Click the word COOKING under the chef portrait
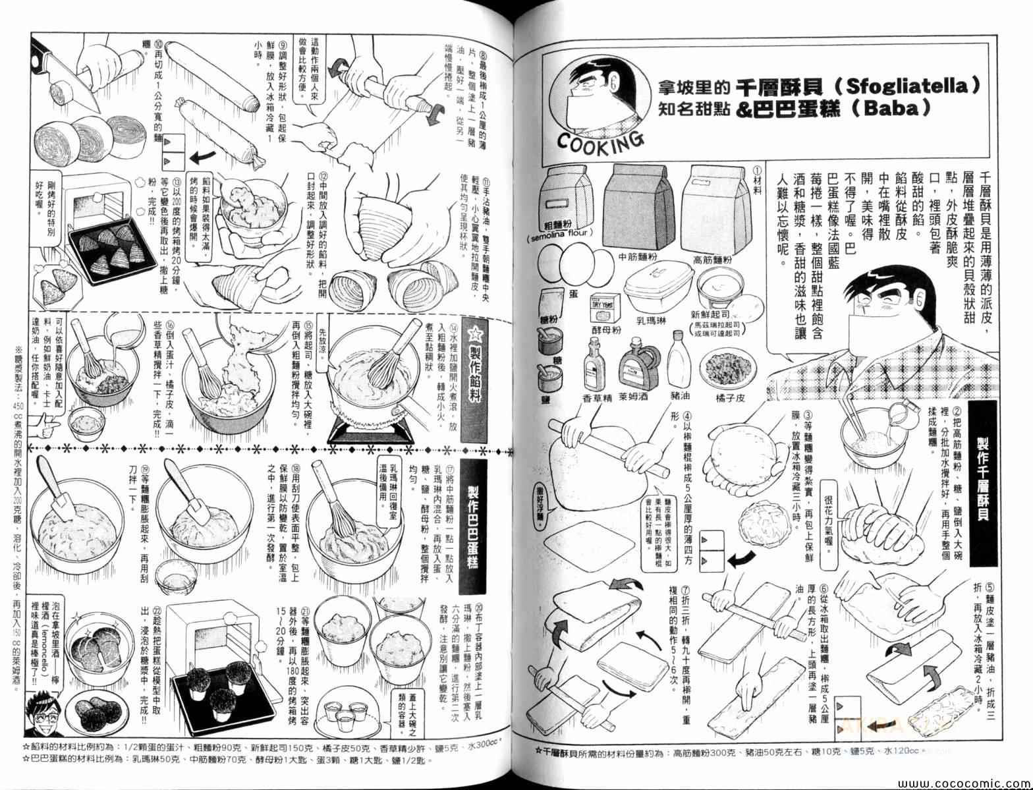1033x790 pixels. [x=600, y=140]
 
